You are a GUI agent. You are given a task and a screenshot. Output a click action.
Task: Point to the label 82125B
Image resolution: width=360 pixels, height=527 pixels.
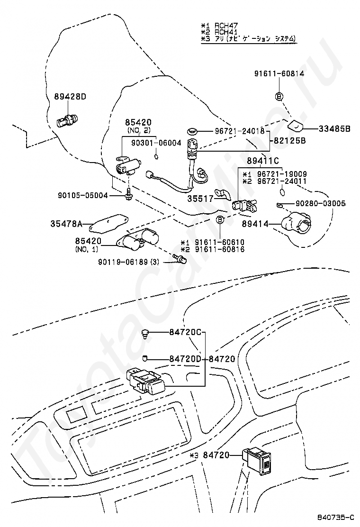click(x=289, y=141)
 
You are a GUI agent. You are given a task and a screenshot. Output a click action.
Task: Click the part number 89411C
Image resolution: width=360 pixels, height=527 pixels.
click(x=263, y=161)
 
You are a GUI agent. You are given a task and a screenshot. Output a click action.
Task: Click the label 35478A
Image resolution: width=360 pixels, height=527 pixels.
click(x=67, y=223)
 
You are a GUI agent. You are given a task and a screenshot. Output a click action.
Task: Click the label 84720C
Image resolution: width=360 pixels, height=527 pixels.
click(x=186, y=332)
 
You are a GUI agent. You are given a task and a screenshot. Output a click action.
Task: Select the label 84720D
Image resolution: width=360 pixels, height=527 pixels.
click(x=186, y=359)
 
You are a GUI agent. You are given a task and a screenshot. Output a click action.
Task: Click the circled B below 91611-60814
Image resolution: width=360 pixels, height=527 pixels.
click(x=279, y=97)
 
